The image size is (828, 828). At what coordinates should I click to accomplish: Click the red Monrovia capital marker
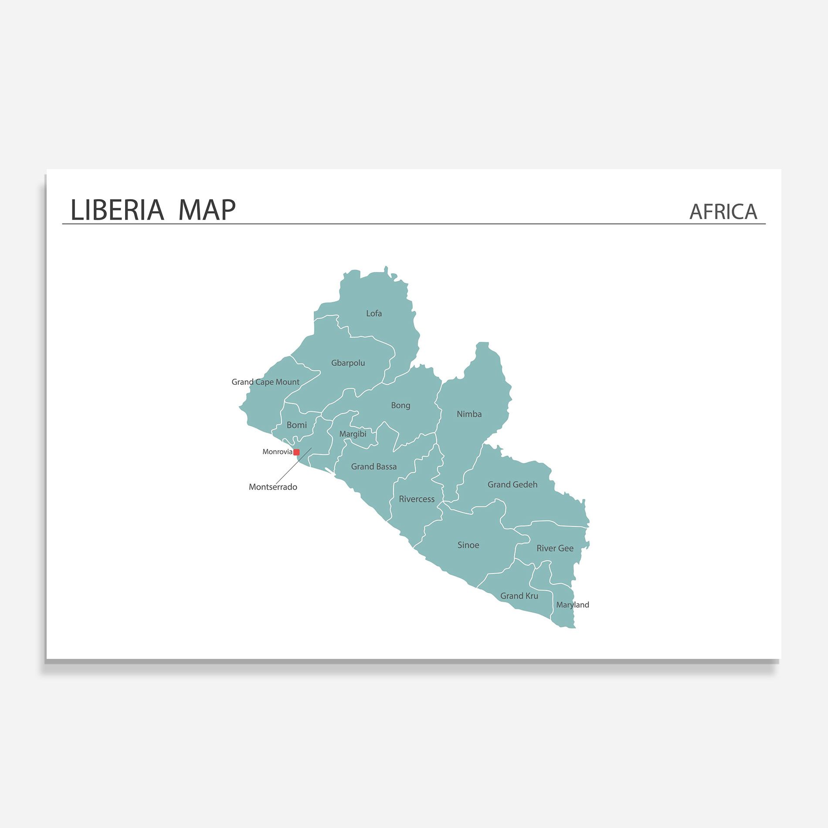coord(296,452)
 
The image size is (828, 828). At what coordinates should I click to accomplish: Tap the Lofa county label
coord(374,313)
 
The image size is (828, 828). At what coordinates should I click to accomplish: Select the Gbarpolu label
coord(348,363)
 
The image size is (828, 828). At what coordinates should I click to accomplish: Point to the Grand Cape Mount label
coord(265,382)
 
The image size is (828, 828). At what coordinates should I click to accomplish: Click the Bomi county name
coord(296,425)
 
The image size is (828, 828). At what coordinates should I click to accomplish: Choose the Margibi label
coord(353,434)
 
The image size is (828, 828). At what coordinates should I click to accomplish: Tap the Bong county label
coord(400,405)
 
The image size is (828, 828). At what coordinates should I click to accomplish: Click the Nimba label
coord(469,414)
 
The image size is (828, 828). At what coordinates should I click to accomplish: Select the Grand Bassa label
coord(374,467)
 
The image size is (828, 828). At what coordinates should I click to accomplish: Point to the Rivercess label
coord(417,499)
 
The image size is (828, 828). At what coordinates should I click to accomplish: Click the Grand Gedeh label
coord(512,485)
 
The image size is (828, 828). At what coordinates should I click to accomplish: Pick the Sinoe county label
coord(468,545)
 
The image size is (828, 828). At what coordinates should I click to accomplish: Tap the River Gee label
coord(555,549)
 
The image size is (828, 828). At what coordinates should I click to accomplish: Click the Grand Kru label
coord(519,596)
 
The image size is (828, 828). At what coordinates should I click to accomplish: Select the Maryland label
coord(572,605)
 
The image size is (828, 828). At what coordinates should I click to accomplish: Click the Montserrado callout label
coord(273,487)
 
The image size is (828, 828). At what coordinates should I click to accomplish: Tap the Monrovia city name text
coord(277,452)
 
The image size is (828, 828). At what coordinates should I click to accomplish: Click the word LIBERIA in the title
coord(117,210)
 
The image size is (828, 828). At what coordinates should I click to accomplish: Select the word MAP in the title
coord(207,210)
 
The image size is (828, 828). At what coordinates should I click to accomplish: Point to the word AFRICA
coord(723,212)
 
